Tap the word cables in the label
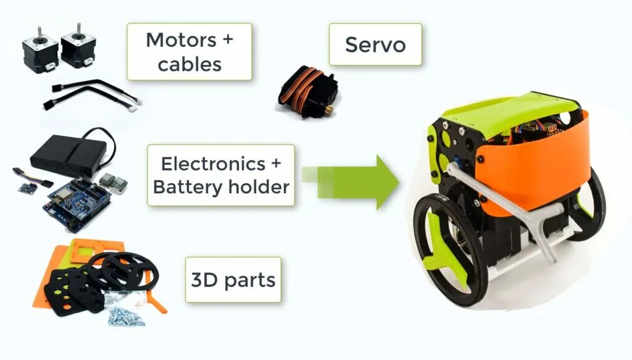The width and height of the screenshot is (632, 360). [189, 64]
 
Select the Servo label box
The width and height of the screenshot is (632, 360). [375, 44]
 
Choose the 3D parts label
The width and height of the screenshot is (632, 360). [233, 280]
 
